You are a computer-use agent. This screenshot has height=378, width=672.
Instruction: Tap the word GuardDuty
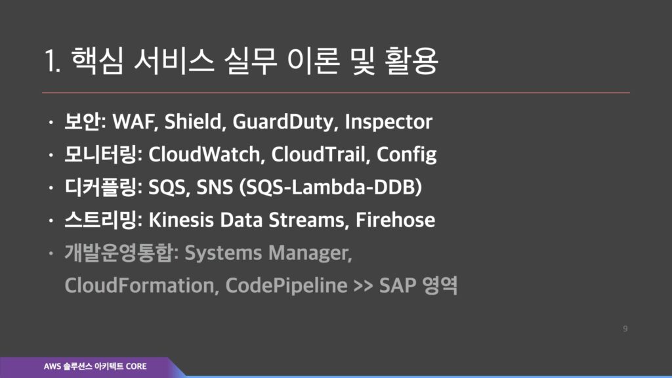283,123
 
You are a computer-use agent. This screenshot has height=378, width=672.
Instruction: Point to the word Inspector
388,123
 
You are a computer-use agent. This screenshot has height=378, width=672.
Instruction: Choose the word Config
406,155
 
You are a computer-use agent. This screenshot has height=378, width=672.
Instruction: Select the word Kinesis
181,220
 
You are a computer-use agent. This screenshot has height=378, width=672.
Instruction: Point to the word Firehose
395,220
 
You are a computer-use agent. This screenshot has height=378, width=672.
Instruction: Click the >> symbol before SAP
364,286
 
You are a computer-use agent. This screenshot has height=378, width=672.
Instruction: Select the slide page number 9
625,329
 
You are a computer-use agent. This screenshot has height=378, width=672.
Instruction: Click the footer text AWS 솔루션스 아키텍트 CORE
95,366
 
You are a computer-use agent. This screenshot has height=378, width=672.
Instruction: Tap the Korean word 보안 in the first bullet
82,121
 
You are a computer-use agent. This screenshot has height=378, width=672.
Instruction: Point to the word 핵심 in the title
97,61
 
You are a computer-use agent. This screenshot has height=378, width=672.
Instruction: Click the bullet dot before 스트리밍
51,220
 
